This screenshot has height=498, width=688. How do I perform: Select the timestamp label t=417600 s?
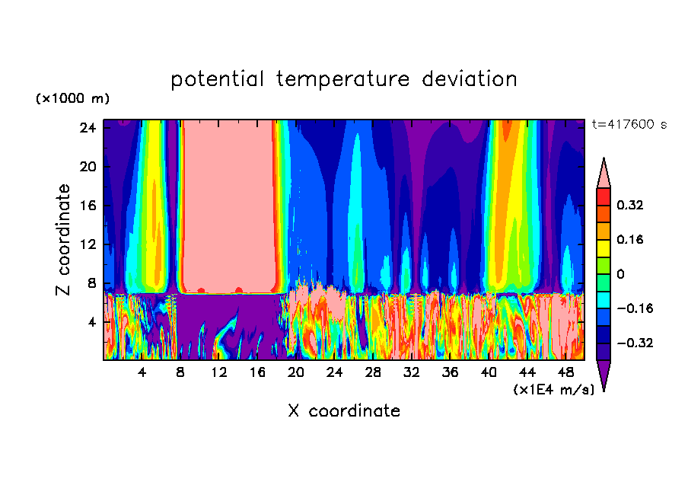coord(629,125)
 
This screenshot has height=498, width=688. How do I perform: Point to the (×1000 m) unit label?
coord(72,99)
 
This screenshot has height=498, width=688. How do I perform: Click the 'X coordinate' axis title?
coord(344,411)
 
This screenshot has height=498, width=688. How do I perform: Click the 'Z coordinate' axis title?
coord(64,240)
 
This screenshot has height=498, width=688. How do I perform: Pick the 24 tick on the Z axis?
coord(88,128)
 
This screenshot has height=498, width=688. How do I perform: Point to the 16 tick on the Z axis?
coord(88,206)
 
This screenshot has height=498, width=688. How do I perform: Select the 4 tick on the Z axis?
coord(91,322)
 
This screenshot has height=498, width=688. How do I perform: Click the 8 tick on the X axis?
coord(180,372)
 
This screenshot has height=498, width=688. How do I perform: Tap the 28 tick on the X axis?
coord(373,372)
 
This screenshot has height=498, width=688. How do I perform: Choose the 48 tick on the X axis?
coord(565,372)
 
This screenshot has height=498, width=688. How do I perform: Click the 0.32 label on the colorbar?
coord(630,205)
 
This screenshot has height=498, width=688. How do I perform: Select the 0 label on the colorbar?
coord(620,274)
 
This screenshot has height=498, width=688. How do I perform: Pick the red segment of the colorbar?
coord(604,196)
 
